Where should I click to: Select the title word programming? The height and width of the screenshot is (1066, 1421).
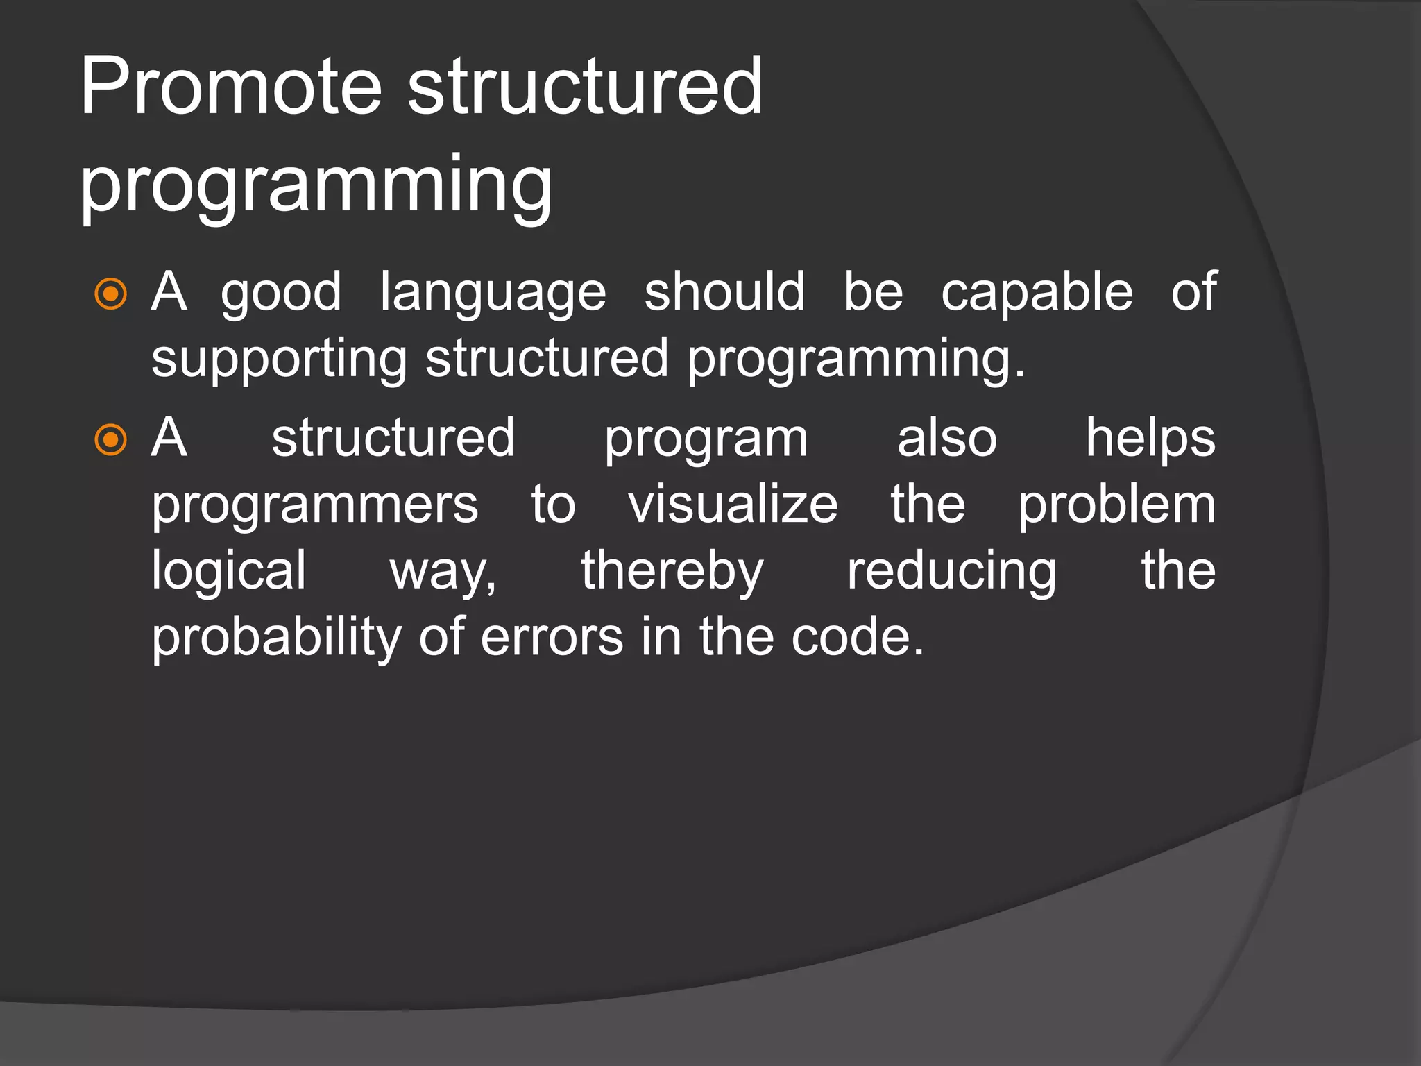(x=316, y=185)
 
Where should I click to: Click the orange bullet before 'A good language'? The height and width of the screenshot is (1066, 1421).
(x=110, y=294)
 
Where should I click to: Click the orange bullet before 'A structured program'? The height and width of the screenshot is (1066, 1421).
(x=110, y=440)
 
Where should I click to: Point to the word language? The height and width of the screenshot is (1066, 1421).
(x=493, y=293)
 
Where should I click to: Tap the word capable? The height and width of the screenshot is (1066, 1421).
(x=1037, y=293)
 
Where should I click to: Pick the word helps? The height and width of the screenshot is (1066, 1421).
(x=1150, y=439)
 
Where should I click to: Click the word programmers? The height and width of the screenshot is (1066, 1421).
(x=315, y=505)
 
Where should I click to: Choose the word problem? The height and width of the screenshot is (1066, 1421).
(x=1116, y=505)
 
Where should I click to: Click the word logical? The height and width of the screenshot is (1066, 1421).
(x=229, y=571)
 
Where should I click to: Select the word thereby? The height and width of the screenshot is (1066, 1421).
(x=672, y=571)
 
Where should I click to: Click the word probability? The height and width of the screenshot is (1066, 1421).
(x=276, y=638)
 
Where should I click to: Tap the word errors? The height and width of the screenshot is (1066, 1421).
(x=552, y=638)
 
